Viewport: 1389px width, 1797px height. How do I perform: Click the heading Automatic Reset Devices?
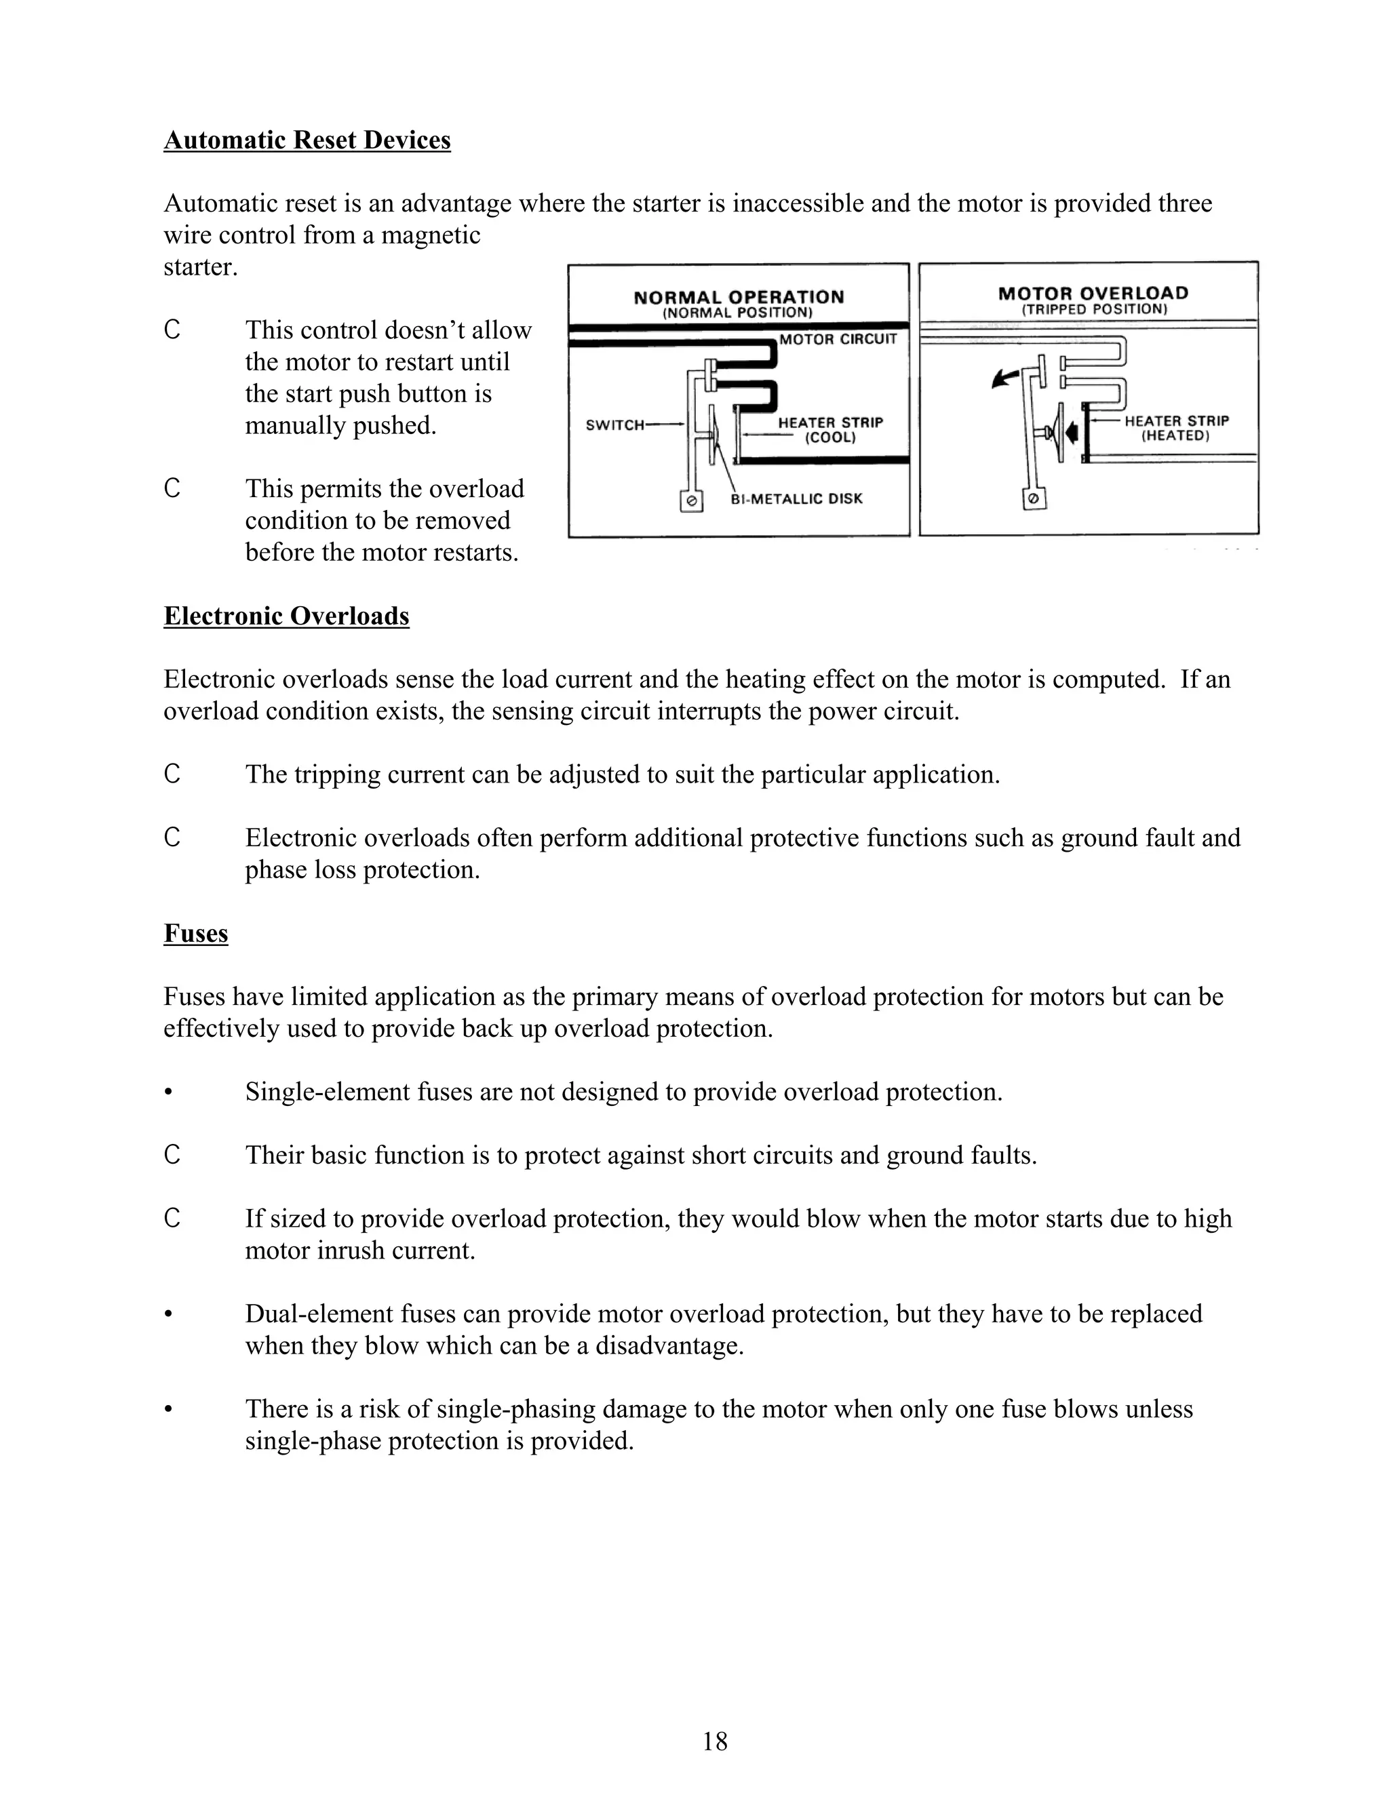click(307, 140)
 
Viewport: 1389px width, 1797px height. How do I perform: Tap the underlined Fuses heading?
click(196, 933)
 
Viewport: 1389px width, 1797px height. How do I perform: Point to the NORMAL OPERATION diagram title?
click(738, 297)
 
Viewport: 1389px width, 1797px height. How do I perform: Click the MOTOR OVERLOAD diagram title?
click(1093, 294)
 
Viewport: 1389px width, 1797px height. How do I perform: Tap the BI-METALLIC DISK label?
click(796, 498)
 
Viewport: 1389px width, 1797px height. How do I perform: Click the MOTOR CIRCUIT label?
click(838, 339)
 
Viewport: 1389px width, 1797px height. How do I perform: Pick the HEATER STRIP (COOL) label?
click(830, 429)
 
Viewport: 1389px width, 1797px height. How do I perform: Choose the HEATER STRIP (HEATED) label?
click(1176, 428)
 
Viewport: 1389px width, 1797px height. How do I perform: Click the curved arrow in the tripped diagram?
click(1003, 378)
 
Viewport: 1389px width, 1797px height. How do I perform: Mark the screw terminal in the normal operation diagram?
click(692, 500)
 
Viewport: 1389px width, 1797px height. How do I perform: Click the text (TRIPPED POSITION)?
click(1095, 310)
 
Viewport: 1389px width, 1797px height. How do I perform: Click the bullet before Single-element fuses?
click(169, 1092)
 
